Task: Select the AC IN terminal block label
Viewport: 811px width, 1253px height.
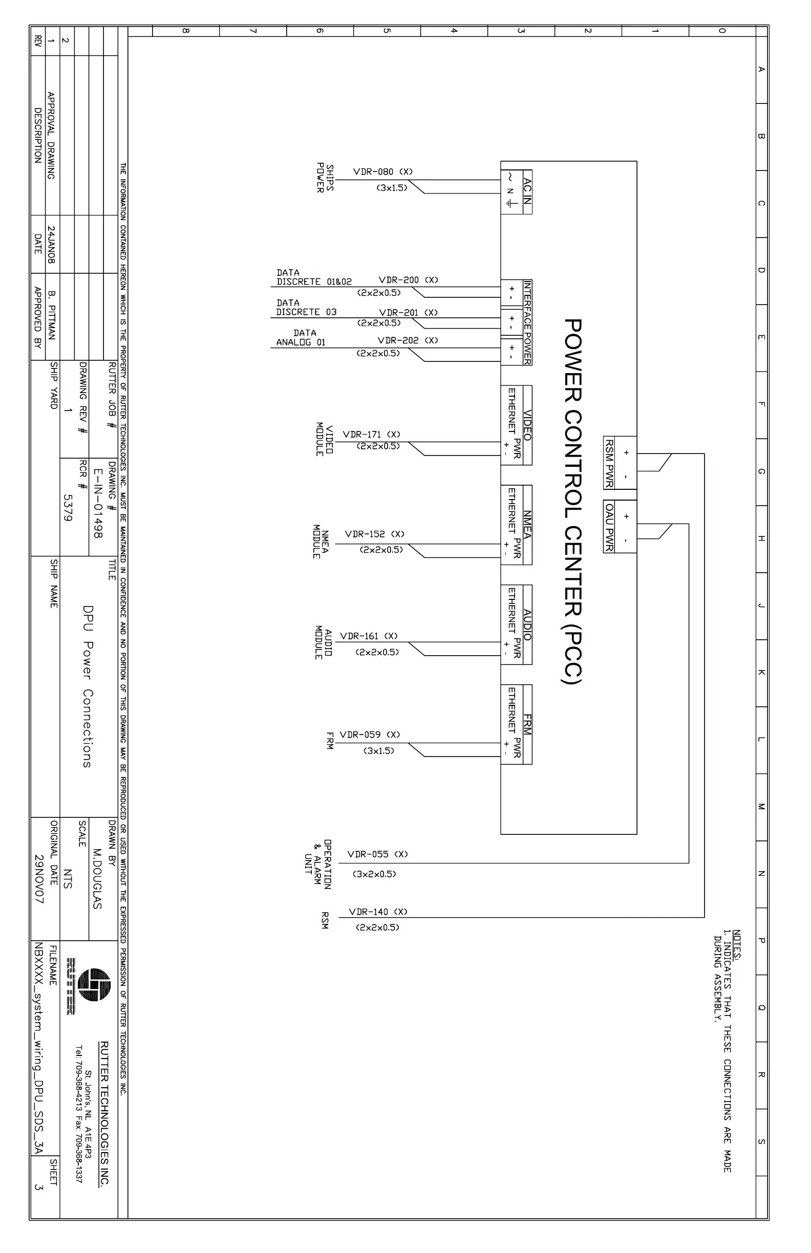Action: [x=527, y=191]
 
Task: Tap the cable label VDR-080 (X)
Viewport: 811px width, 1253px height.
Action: [x=383, y=171]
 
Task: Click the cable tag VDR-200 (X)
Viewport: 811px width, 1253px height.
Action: [x=408, y=280]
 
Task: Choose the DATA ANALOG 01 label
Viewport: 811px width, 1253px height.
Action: [x=302, y=338]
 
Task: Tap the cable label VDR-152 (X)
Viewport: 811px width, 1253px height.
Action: [x=374, y=534]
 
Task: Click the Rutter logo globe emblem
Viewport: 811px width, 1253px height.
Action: [x=94, y=984]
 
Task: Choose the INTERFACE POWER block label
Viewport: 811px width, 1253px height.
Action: [x=527, y=322]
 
